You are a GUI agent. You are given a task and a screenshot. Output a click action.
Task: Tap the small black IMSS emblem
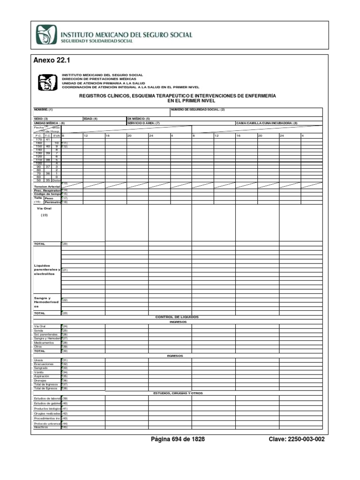point(47,82)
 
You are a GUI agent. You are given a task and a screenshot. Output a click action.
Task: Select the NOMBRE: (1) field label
point(43,110)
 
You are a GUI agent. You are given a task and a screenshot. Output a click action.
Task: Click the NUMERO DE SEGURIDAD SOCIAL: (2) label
point(198,110)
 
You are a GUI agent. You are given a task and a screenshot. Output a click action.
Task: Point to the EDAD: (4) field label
point(90,119)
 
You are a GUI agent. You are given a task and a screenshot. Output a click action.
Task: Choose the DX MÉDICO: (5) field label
point(138,119)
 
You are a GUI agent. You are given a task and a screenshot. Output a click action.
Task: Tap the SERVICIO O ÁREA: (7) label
point(144,123)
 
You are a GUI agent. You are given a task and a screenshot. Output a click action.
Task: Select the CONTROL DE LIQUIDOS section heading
point(177,317)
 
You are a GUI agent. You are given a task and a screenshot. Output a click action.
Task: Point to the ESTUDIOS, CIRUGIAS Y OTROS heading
point(177,393)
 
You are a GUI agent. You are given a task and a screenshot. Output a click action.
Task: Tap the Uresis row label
point(38,360)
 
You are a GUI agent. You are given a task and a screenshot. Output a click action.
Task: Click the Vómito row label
point(39,372)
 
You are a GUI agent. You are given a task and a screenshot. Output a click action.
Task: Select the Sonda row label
point(38,330)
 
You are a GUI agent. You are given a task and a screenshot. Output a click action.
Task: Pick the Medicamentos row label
point(44,342)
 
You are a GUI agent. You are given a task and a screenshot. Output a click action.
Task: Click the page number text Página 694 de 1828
point(177,439)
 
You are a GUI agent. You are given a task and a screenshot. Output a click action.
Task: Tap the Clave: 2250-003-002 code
point(296,439)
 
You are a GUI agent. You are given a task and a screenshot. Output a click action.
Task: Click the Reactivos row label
point(41,427)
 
